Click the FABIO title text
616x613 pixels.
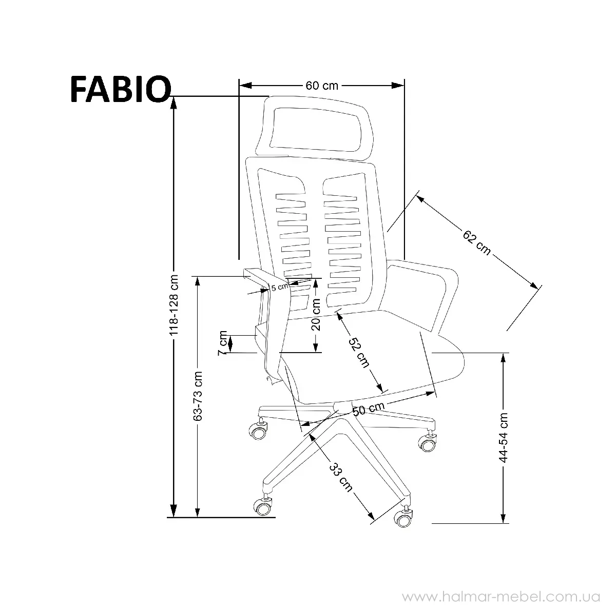(x=121, y=89)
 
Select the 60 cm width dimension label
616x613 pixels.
(x=321, y=86)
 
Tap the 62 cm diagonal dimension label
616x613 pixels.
(x=476, y=243)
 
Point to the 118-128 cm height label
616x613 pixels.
(x=174, y=304)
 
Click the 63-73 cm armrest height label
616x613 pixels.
(x=198, y=396)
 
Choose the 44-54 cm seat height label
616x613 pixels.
(x=503, y=437)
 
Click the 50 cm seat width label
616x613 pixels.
(x=368, y=409)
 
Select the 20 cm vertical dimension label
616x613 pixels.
(x=316, y=315)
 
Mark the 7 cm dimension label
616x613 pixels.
(x=222, y=343)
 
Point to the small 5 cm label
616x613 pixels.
(x=280, y=287)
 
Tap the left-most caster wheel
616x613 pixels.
(x=258, y=431)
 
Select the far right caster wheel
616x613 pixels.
(x=428, y=442)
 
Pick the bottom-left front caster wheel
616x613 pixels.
(x=263, y=507)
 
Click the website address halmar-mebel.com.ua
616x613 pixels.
(x=501, y=597)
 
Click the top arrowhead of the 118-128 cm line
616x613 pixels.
(x=174, y=103)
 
